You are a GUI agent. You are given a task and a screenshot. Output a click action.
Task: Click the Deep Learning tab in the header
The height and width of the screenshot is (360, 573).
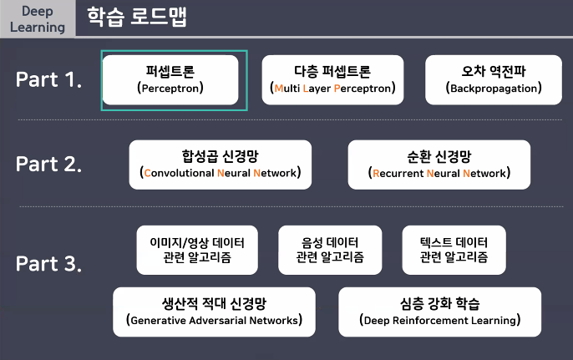pyautogui.click(x=38, y=18)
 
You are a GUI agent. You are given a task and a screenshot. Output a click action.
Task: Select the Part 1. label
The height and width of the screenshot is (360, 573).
pyautogui.click(x=48, y=80)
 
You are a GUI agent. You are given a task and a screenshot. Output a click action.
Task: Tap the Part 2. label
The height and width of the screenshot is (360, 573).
pyautogui.click(x=48, y=164)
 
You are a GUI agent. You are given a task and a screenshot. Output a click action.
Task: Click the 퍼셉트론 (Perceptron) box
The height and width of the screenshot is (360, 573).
pyautogui.click(x=175, y=79)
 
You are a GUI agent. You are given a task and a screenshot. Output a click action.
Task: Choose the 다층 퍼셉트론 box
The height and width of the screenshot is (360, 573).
pyautogui.click(x=332, y=79)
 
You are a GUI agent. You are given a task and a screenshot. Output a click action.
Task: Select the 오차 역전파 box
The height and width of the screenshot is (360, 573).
pyautogui.click(x=494, y=79)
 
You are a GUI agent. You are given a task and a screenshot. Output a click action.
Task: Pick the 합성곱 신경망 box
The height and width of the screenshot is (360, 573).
pyautogui.click(x=221, y=164)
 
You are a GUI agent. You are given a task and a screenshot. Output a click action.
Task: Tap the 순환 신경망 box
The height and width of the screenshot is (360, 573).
pyautogui.click(x=439, y=164)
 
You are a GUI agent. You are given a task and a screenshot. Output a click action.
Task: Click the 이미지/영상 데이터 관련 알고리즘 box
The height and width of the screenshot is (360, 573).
pyautogui.click(x=197, y=250)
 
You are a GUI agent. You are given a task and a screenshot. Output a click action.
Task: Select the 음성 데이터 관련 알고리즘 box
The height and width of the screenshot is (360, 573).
pyautogui.click(x=329, y=250)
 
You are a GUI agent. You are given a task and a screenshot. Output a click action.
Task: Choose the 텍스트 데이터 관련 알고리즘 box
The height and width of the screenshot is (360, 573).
pyautogui.click(x=454, y=250)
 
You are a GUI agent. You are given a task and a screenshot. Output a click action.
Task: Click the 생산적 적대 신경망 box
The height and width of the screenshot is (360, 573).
pyautogui.click(x=214, y=312)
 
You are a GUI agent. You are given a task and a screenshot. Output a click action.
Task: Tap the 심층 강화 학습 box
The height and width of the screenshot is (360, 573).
pyautogui.click(x=439, y=312)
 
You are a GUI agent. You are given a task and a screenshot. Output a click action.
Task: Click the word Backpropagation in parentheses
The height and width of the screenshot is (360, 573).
pyautogui.click(x=494, y=88)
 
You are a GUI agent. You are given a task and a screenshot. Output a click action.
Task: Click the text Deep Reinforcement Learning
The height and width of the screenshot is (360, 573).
pyautogui.click(x=439, y=321)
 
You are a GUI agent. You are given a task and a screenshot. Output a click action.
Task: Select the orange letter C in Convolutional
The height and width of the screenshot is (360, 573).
pyautogui.click(x=148, y=175)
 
